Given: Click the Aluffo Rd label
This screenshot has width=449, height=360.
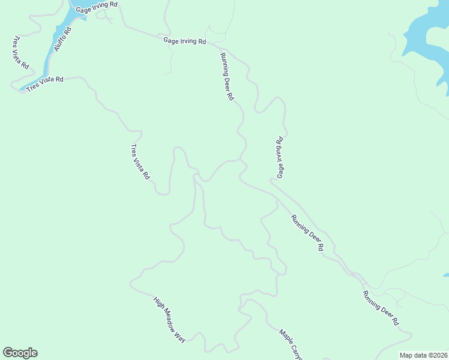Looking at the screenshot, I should [x=62, y=39].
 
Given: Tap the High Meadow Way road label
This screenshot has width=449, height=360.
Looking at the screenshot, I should [x=169, y=319].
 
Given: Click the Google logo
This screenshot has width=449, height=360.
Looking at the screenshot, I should [x=20, y=353].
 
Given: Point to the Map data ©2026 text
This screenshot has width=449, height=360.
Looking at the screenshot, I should [x=424, y=355].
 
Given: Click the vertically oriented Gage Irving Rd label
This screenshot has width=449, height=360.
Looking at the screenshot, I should [x=280, y=158].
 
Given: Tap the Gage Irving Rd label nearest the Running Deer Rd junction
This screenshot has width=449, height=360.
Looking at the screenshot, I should [x=184, y=41].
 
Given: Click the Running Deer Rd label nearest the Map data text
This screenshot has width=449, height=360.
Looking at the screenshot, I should [x=380, y=308].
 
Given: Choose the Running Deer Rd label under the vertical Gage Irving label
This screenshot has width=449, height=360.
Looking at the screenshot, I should [x=307, y=233].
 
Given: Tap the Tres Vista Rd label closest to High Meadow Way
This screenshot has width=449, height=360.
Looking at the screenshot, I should [x=140, y=162].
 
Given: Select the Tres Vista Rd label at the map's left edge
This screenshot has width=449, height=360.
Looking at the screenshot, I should [x=20, y=53].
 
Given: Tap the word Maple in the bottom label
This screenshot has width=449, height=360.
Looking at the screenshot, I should [x=285, y=337].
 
